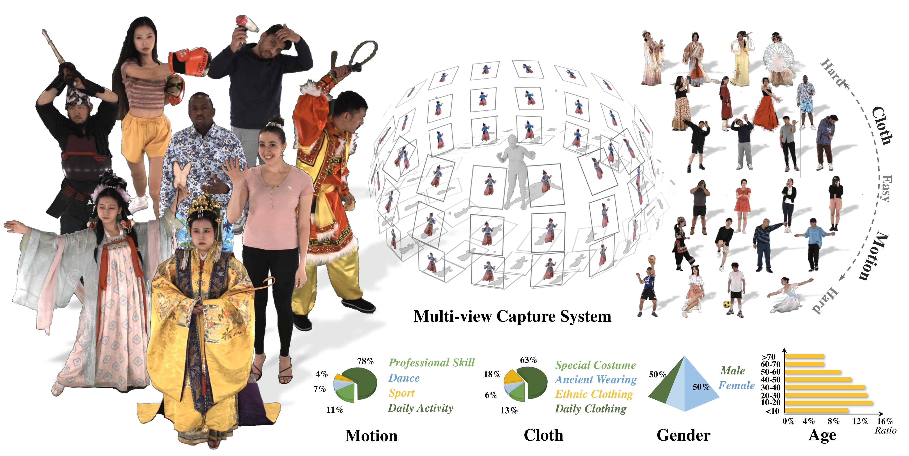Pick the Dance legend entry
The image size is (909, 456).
coord(404,378)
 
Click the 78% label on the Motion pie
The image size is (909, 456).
coord(366,361)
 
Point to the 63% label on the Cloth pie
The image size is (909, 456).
coord(528,360)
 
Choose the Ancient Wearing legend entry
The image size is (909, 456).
coord(596,380)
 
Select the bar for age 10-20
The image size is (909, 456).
coord(828,403)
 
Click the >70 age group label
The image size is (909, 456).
coord(769,357)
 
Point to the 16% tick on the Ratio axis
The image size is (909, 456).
coord(885,421)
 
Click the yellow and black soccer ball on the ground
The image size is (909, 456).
coord(727,304)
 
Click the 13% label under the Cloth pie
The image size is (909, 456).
coord(509,410)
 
